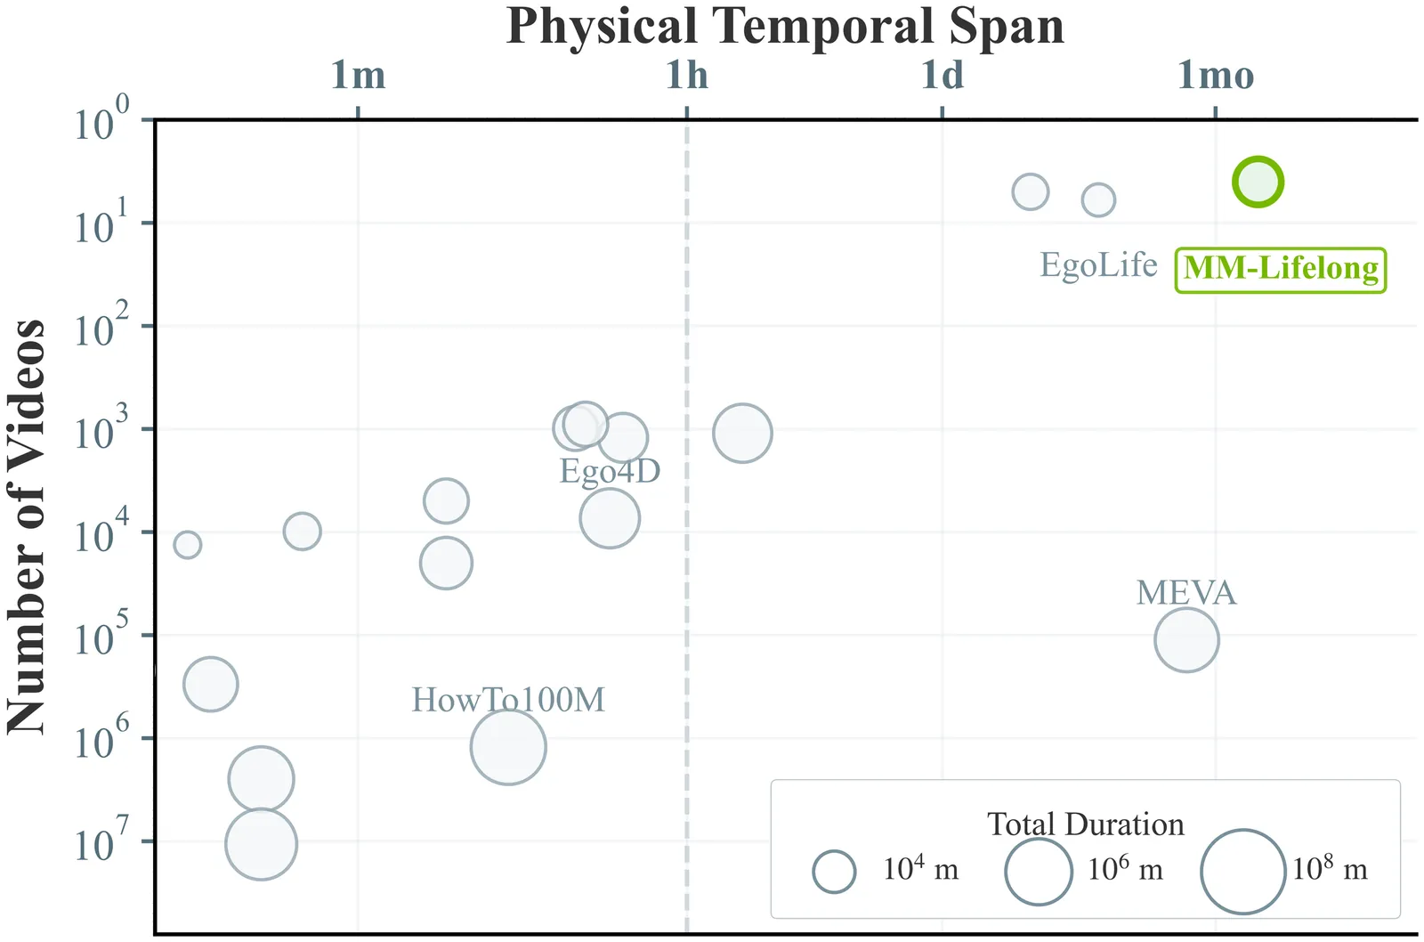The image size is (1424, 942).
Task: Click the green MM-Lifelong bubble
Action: [1258, 182]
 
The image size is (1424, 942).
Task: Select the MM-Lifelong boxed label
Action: [1281, 269]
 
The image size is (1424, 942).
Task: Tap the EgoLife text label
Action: [1098, 265]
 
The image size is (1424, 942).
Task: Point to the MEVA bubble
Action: [1186, 639]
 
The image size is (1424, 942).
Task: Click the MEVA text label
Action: [1186, 593]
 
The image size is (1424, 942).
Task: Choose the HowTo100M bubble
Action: [507, 747]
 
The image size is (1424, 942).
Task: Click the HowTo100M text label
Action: [507, 700]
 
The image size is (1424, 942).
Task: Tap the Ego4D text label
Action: [610, 471]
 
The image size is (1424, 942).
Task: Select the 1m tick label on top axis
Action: [358, 76]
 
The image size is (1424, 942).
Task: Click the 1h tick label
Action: [687, 76]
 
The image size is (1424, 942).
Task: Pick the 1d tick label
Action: [943, 76]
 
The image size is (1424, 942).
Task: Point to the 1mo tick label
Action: [1216, 76]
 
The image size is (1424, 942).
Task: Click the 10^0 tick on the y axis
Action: [100, 121]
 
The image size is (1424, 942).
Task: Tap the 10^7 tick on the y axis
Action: [100, 842]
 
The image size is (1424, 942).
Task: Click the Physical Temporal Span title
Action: [785, 27]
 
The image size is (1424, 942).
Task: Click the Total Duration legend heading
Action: [1086, 824]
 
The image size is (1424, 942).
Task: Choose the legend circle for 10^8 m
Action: [1242, 872]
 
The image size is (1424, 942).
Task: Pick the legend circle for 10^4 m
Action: [834, 872]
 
